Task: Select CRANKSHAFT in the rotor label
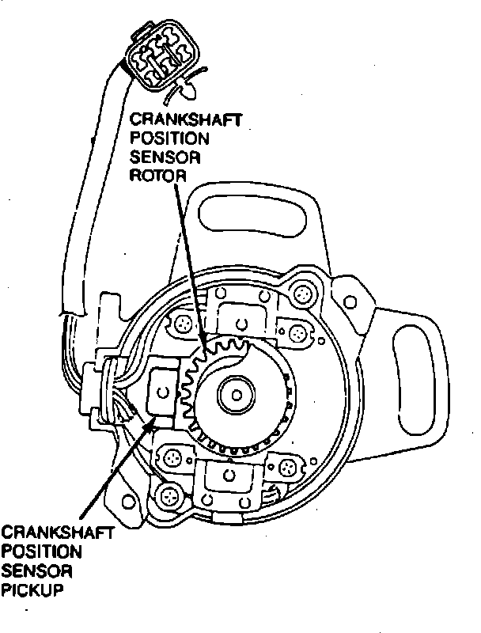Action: [x=187, y=119]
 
